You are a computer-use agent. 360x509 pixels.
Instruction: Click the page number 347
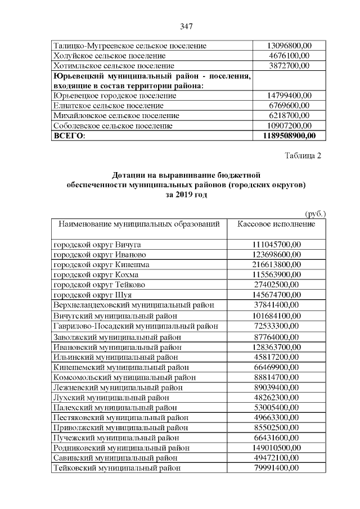click(x=187, y=26)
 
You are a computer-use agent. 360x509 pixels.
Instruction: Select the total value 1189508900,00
click(x=289, y=136)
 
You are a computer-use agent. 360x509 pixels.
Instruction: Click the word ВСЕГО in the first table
click(x=68, y=136)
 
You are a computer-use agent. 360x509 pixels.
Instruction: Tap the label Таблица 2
click(x=303, y=156)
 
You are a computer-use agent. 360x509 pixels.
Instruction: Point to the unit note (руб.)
click(x=315, y=214)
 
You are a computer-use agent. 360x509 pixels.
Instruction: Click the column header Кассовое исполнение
click(x=276, y=224)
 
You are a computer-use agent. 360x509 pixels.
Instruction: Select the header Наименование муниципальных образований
click(x=136, y=224)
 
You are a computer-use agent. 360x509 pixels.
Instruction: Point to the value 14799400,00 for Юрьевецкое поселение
click(x=289, y=96)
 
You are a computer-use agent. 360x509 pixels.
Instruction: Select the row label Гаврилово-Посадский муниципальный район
click(x=136, y=326)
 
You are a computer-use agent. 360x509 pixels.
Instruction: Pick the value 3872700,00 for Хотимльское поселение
click(x=289, y=66)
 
